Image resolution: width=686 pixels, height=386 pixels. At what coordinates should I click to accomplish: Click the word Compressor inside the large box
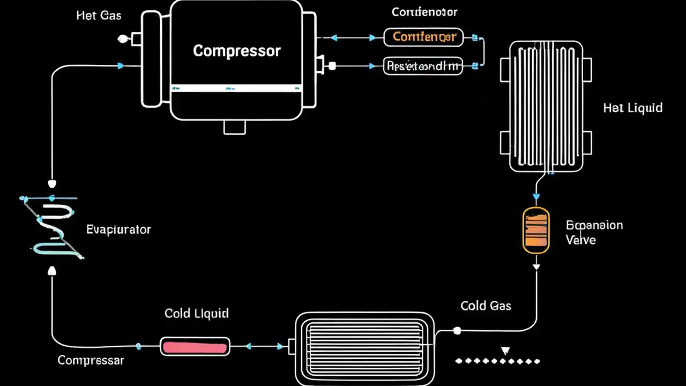[x=236, y=51]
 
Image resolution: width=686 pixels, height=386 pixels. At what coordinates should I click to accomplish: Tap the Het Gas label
[x=99, y=16]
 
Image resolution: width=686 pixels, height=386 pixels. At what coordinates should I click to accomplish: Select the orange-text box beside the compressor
[x=423, y=37]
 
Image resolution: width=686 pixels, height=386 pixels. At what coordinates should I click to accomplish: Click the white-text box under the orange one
[x=423, y=66]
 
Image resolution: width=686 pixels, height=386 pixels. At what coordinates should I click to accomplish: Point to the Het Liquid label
[x=632, y=108]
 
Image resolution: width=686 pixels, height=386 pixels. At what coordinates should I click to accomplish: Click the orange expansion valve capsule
[x=536, y=230]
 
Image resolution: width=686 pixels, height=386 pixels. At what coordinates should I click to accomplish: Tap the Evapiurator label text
[x=118, y=229]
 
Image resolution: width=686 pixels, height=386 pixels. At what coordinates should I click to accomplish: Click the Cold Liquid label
[x=196, y=313]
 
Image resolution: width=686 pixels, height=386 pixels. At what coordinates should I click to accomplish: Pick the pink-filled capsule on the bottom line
[x=195, y=347]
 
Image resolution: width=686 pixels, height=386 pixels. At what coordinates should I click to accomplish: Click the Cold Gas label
[x=486, y=306]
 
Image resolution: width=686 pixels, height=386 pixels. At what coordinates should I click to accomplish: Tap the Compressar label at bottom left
[x=91, y=360]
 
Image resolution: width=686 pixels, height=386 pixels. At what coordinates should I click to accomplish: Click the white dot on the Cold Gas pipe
[x=457, y=331]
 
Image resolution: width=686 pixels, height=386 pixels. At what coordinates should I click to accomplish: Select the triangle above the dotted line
[x=505, y=351]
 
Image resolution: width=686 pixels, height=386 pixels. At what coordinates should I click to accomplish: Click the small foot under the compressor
[x=235, y=127]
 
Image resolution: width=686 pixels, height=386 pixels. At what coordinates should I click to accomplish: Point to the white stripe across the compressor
[x=236, y=88]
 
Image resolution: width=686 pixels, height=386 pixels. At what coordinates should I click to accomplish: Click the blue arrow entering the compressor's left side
[x=121, y=66]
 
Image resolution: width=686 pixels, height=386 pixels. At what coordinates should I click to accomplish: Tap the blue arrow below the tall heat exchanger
[x=536, y=196]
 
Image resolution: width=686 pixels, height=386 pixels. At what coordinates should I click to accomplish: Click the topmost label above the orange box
[x=424, y=12]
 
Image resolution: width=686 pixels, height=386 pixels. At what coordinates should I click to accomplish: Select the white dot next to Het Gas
[x=123, y=39]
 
